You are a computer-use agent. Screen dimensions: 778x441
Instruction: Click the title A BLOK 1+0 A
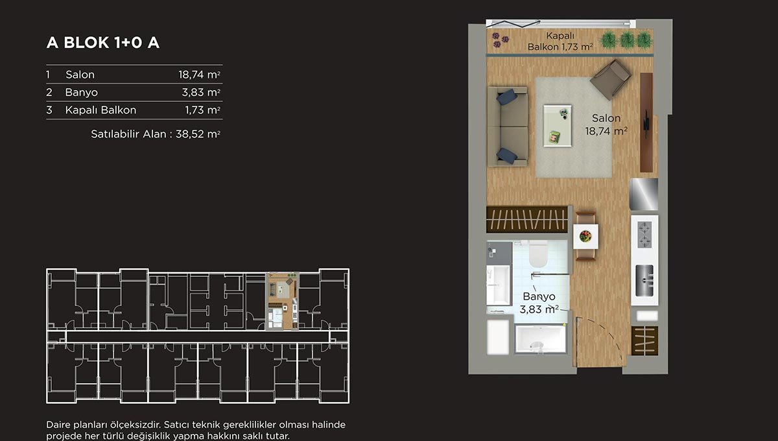103,43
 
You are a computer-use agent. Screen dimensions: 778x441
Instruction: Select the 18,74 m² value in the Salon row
200,75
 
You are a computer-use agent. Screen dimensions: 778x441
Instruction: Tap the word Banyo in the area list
81,93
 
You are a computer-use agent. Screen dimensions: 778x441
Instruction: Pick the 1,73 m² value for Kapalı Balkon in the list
202,110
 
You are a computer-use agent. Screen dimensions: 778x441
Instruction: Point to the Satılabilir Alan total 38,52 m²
156,134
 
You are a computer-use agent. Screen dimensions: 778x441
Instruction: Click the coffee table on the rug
558,126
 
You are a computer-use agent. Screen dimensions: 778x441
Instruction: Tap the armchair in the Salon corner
611,79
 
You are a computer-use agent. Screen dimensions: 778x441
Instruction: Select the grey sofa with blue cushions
508,126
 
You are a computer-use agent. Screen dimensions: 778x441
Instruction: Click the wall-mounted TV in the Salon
646,124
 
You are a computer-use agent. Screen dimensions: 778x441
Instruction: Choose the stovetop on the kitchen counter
644,235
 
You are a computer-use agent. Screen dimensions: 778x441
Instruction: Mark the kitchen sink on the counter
644,280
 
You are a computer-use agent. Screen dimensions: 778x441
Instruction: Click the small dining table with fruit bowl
585,236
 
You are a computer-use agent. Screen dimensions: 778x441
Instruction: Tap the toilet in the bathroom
538,254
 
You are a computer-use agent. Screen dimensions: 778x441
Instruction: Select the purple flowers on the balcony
500,40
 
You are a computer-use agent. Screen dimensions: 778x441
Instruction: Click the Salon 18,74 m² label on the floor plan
606,125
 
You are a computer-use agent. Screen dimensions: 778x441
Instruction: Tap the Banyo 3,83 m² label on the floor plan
539,303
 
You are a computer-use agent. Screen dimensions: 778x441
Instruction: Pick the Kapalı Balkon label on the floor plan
560,41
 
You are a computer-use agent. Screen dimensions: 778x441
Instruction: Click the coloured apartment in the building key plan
281,301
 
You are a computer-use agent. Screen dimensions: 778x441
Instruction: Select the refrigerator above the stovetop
644,194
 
